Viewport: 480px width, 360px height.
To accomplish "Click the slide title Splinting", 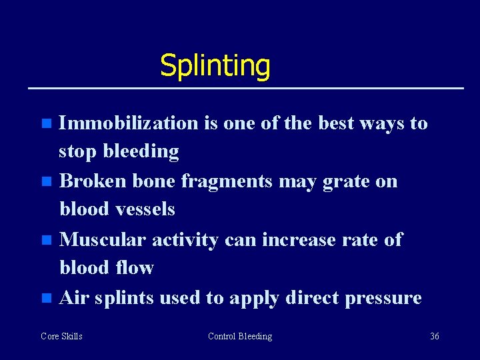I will pyautogui.click(x=215, y=66).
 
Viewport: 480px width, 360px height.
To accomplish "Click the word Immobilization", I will pyautogui.click(x=128, y=123).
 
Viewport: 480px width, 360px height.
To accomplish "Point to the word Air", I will pyautogui.click(x=75, y=297).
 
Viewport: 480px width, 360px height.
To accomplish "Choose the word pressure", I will pyautogui.click(x=383, y=298).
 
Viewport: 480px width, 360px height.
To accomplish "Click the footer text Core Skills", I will pyautogui.click(x=61, y=336).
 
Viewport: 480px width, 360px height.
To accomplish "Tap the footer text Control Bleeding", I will pyautogui.click(x=240, y=336).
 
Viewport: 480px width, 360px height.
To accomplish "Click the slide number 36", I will pyautogui.click(x=434, y=336).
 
